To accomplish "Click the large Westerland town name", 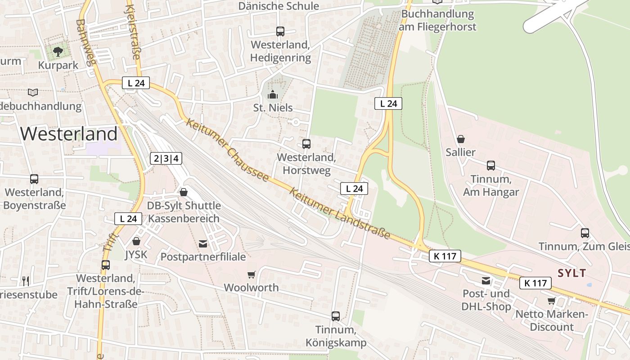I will [69, 134].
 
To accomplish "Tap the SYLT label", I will [571, 273].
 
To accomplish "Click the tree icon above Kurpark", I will [58, 52].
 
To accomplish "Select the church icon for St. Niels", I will [272, 94].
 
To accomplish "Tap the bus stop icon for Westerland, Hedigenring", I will [280, 31].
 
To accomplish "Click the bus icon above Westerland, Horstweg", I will [306, 144].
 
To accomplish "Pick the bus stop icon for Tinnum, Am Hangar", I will [491, 166].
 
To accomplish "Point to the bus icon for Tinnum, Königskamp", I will [336, 316].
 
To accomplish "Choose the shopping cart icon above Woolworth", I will [252, 274].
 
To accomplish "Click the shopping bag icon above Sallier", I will [461, 139].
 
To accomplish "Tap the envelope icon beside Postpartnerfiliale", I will [203, 244].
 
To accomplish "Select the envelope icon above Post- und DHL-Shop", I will [486, 281].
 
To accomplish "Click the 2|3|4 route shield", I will [166, 158].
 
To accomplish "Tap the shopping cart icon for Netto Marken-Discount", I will [551, 301].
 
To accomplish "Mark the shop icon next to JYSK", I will [136, 242].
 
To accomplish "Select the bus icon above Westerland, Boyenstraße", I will [34, 179].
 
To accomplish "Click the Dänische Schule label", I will [278, 6].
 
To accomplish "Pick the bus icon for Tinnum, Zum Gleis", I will [585, 233].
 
